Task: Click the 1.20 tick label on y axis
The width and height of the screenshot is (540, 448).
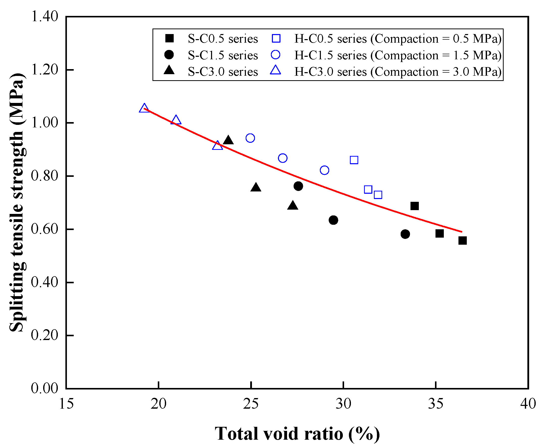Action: click(x=44, y=70)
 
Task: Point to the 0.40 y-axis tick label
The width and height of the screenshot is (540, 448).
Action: click(x=44, y=282)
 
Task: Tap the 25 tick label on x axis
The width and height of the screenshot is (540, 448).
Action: click(x=251, y=404)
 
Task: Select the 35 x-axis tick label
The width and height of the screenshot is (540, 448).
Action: click(x=435, y=404)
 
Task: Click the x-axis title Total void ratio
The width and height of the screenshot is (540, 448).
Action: click(x=297, y=434)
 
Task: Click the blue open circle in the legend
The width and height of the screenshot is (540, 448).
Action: click(x=276, y=55)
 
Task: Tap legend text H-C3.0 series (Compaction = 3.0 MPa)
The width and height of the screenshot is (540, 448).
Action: click(x=398, y=72)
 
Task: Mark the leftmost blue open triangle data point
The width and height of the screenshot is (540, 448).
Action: click(x=144, y=108)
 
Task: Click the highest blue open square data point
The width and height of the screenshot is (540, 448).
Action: click(x=354, y=160)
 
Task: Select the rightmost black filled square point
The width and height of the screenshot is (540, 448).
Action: click(x=462, y=241)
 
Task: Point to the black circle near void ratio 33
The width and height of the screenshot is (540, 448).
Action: click(x=405, y=234)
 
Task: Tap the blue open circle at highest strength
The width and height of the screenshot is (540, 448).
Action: click(x=250, y=138)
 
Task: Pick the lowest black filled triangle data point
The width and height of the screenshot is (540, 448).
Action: click(x=293, y=206)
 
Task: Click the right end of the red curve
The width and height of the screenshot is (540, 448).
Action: click(x=462, y=232)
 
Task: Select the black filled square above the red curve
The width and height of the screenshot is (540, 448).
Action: click(x=415, y=206)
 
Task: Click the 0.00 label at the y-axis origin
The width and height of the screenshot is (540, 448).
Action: click(x=44, y=388)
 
